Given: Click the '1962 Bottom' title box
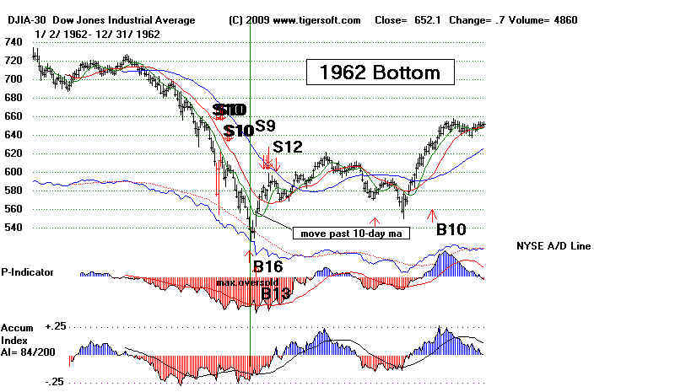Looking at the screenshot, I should [x=380, y=72].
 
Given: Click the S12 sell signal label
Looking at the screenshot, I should [x=288, y=147].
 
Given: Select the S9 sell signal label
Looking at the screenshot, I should [x=265, y=126].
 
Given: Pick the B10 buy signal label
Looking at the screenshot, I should [x=452, y=228].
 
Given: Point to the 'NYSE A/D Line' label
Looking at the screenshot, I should [x=553, y=246].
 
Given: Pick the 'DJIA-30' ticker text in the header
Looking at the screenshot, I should [x=23, y=19].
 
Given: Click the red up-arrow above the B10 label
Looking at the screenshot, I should [x=432, y=212].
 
